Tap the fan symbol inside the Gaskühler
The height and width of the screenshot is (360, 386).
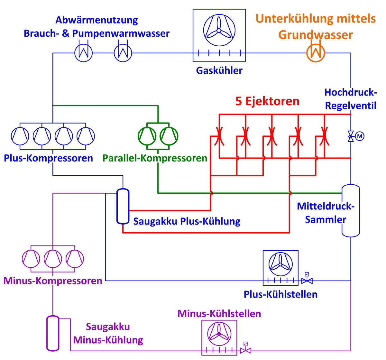218,30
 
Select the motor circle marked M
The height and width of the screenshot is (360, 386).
360,136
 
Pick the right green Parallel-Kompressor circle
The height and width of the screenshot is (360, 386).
169,136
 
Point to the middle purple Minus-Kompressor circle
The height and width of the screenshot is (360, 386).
53,258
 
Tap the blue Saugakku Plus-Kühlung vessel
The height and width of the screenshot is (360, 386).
123,206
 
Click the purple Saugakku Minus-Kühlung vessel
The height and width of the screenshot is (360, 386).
53,333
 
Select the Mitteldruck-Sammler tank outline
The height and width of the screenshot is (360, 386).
350,211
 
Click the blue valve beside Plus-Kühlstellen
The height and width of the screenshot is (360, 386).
307,281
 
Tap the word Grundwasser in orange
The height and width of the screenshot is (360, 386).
316,35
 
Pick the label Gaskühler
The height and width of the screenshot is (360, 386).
219,70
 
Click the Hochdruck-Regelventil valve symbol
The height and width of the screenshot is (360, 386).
350,136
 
